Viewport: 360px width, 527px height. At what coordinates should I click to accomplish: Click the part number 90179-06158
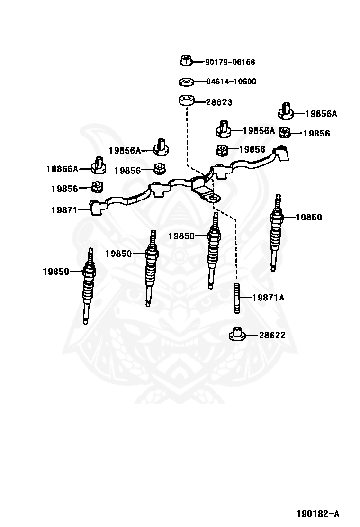coord(230,62)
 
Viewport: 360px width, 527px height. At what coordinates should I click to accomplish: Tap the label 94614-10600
coord(231,82)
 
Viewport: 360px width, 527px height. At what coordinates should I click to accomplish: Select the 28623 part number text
coord(219,102)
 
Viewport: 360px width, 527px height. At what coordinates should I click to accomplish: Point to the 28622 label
coord(272,335)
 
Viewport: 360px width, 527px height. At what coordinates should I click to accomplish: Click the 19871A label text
coord(268,298)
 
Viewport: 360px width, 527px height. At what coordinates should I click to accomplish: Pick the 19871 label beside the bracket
coord(64,209)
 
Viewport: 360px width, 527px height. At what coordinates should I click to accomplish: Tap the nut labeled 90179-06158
coord(186,61)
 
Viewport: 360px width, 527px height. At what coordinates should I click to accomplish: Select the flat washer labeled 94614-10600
coord(187,82)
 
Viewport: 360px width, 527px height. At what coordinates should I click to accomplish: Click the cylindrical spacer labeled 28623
coord(187,101)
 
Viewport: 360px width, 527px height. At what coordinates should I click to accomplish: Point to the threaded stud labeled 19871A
coord(236,298)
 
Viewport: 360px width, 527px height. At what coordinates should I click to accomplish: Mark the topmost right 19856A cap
coord(285,111)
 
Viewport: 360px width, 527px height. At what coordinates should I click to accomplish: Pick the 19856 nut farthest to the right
coord(285,132)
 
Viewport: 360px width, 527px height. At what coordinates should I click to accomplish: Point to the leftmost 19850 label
coord(55,272)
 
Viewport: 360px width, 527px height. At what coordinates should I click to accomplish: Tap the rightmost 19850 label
coord(308,218)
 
